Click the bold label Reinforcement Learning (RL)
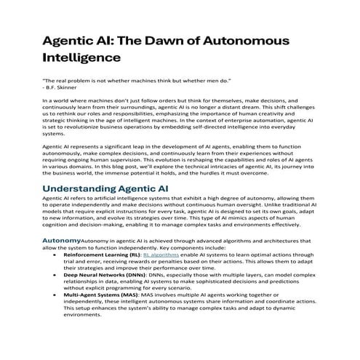click(x=101, y=256)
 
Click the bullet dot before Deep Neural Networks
click(x=55, y=276)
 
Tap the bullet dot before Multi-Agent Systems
click(x=55, y=296)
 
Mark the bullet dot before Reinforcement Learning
click(x=55, y=256)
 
